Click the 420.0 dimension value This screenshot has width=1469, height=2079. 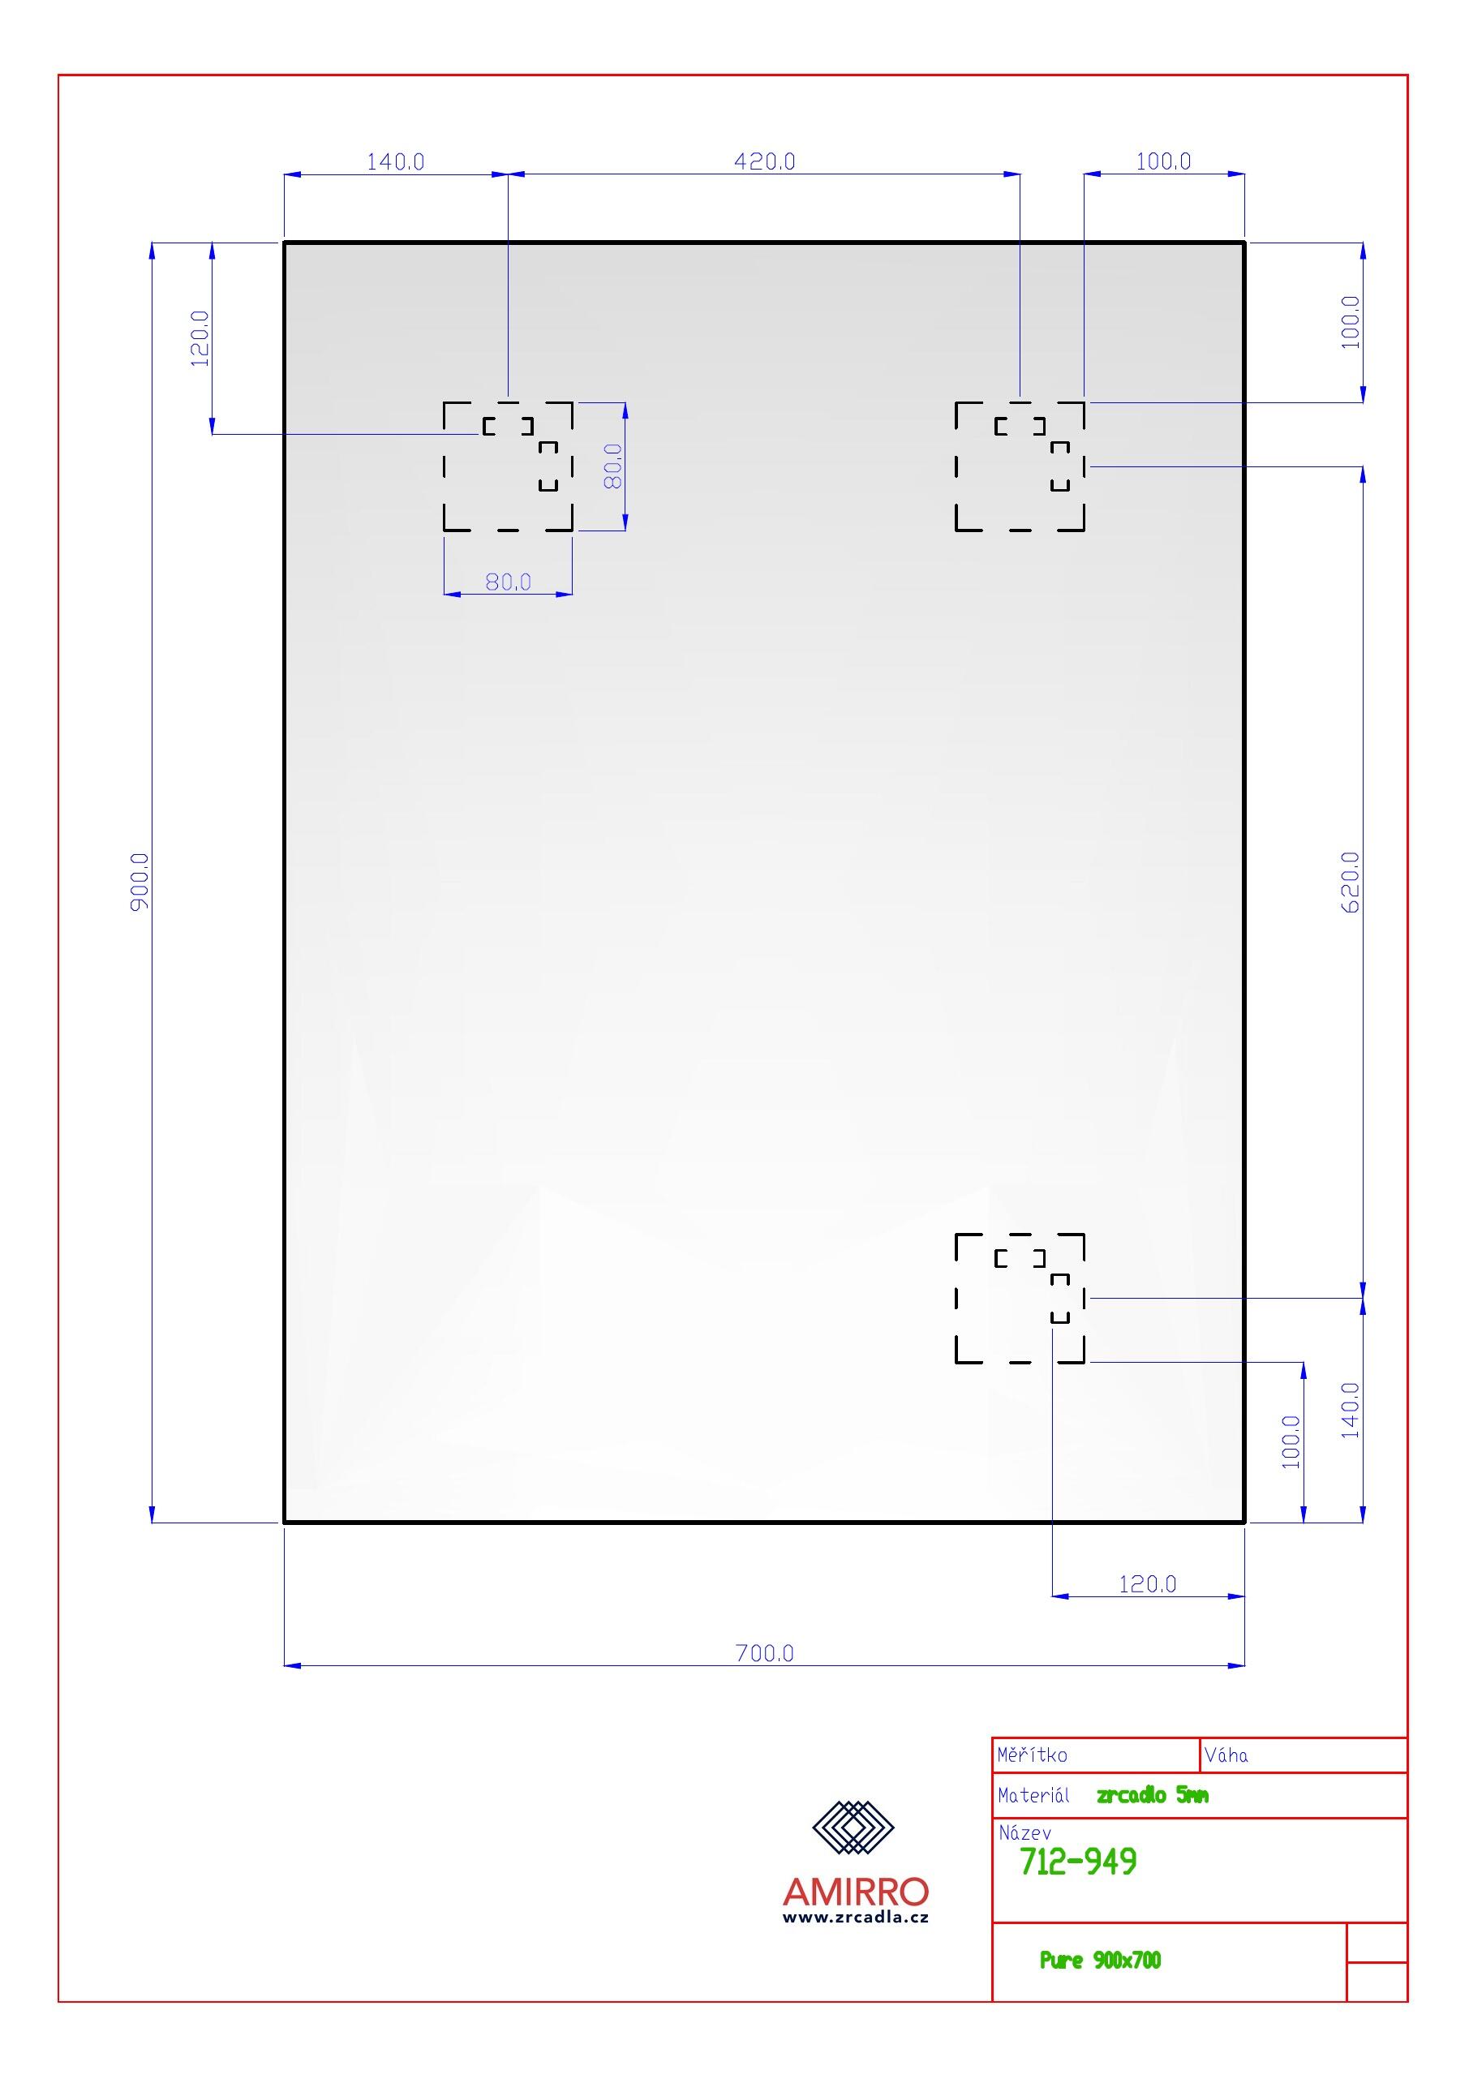pyautogui.click(x=764, y=161)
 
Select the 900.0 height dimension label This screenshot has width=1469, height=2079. pyautogui.click(x=140, y=881)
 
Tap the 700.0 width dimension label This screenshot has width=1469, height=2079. pyautogui.click(x=764, y=1653)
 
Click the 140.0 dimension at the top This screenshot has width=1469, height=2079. pyautogui.click(x=395, y=162)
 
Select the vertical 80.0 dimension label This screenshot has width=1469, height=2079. pyautogui.click(x=613, y=466)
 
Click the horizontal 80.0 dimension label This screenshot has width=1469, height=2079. pyautogui.click(x=508, y=582)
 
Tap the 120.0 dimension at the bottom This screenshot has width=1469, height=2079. pyautogui.click(x=1148, y=1583)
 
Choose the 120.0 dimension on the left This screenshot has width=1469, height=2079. pyautogui.click(x=200, y=338)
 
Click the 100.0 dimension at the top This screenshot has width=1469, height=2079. pyautogui.click(x=1164, y=161)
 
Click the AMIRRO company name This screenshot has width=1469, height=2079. pyautogui.click(x=856, y=1892)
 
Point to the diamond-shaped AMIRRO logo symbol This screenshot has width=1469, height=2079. pyautogui.click(x=853, y=1828)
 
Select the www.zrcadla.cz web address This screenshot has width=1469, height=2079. pyautogui.click(x=856, y=1917)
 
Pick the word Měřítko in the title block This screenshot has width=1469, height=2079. pyautogui.click(x=1033, y=1755)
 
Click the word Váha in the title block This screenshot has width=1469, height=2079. pyautogui.click(x=1226, y=1755)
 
